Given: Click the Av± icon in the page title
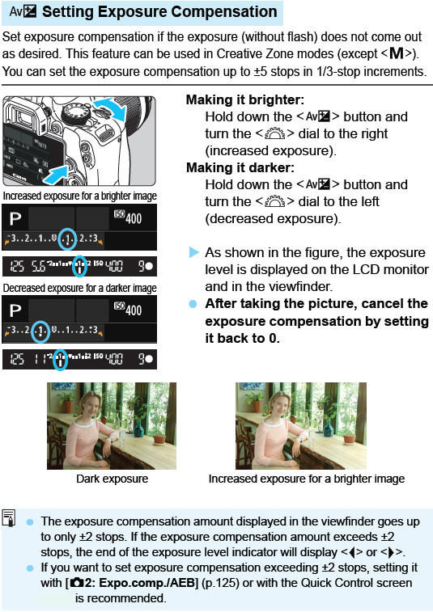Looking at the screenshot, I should click(x=23, y=12).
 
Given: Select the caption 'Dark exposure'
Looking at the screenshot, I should click(x=112, y=479).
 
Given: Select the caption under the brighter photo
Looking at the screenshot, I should click(x=306, y=479).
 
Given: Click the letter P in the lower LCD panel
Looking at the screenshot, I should click(x=15, y=310).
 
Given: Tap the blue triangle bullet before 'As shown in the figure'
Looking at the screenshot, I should click(x=193, y=252).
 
